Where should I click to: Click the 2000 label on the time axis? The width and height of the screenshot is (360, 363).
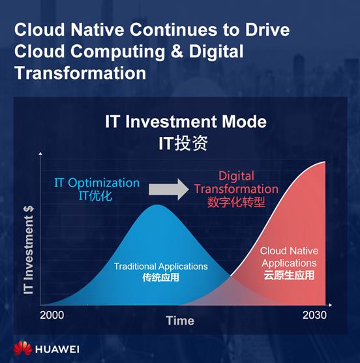click(52, 315)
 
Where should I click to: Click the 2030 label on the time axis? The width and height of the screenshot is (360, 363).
click(314, 315)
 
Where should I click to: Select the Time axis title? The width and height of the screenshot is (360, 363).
click(180, 321)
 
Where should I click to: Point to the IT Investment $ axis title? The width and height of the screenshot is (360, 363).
click(29, 250)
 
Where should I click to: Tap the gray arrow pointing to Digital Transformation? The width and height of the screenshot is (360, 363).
click(169, 190)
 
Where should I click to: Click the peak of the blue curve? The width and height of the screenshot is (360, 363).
click(157, 205)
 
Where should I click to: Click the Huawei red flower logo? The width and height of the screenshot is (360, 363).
click(22, 348)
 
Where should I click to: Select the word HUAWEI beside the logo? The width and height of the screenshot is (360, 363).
click(57, 349)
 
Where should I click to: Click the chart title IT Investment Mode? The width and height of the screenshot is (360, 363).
click(186, 121)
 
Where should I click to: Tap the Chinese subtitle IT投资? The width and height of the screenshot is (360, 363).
click(183, 143)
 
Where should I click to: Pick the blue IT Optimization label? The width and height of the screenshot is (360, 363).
click(97, 183)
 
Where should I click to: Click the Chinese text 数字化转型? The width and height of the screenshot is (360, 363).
click(236, 202)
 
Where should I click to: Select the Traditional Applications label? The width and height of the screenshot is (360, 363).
click(161, 267)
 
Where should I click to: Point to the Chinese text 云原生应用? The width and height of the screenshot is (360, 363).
click(289, 275)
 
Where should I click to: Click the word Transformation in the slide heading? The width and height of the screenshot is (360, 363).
click(80, 73)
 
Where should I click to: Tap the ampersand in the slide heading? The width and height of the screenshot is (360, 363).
click(177, 51)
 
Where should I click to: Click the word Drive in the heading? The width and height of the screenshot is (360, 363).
click(267, 29)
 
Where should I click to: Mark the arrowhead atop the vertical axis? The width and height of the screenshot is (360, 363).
click(40, 154)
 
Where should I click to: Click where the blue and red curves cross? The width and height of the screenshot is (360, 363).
click(230, 276)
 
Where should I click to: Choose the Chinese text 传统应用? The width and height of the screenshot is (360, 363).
click(161, 278)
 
